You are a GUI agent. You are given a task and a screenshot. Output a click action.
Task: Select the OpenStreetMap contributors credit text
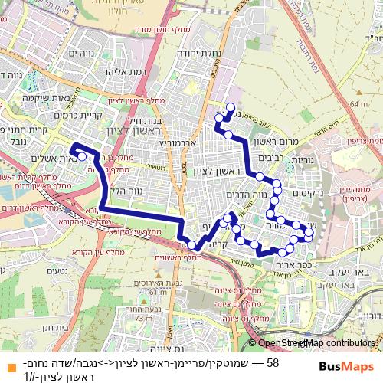click(x=313, y=343)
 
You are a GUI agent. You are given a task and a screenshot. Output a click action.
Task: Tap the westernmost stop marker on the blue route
click(x=82, y=156)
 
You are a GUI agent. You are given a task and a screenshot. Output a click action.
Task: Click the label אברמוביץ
click(x=177, y=142)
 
